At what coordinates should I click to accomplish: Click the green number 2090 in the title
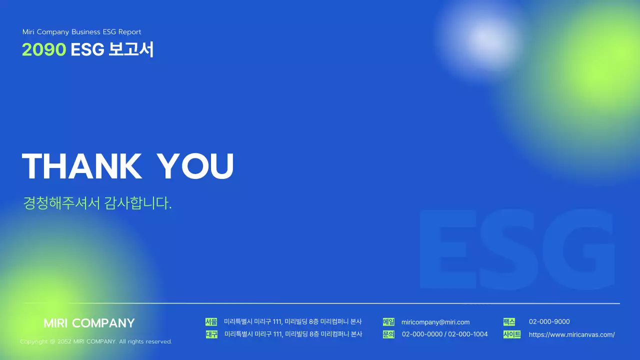(x=44, y=49)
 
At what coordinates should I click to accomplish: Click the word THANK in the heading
(x=82, y=166)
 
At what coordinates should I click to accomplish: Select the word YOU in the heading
(x=195, y=166)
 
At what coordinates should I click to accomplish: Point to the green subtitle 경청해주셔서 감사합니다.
(x=97, y=203)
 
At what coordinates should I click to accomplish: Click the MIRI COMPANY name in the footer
(x=89, y=323)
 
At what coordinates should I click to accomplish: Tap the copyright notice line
(x=96, y=341)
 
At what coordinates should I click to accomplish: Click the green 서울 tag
(x=211, y=322)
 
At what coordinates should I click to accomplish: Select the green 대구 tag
(x=211, y=334)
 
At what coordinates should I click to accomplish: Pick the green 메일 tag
(x=388, y=322)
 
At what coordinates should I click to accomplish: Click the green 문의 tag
(x=388, y=334)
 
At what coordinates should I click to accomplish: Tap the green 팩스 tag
(x=509, y=322)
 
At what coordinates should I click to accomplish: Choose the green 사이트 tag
(x=512, y=334)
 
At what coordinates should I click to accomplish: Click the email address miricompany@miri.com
(x=435, y=322)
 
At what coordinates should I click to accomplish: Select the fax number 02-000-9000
(x=549, y=321)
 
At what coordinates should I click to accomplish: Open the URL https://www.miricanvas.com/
(x=571, y=334)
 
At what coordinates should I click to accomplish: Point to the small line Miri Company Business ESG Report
(x=82, y=32)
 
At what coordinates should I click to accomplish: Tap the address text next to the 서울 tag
(x=293, y=321)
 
